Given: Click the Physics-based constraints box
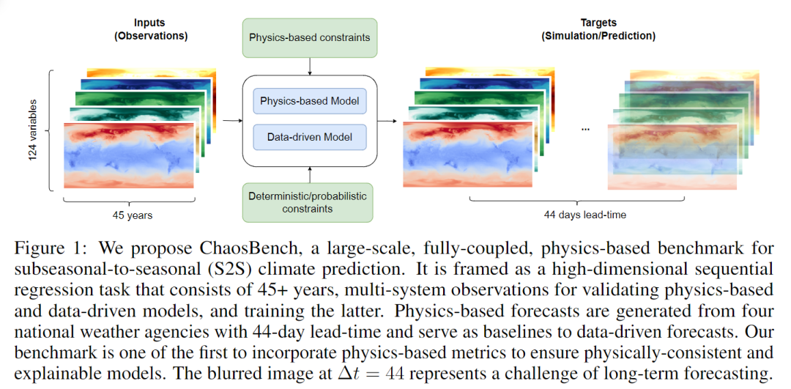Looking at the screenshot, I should click(309, 37).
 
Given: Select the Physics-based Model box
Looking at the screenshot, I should click(309, 100).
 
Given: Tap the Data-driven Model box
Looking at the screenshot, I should click(309, 137).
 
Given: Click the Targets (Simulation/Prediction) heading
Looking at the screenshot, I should click(598, 30).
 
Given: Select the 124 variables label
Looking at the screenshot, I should click(33, 130).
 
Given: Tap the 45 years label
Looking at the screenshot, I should click(129, 216).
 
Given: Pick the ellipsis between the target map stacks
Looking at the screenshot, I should click(585, 129).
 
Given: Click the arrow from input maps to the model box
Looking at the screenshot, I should click(232, 119).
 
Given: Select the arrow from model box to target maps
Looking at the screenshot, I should click(386, 119).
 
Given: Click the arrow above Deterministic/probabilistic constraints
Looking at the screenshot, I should click(310, 174).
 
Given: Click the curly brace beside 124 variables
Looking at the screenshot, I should click(51, 130).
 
